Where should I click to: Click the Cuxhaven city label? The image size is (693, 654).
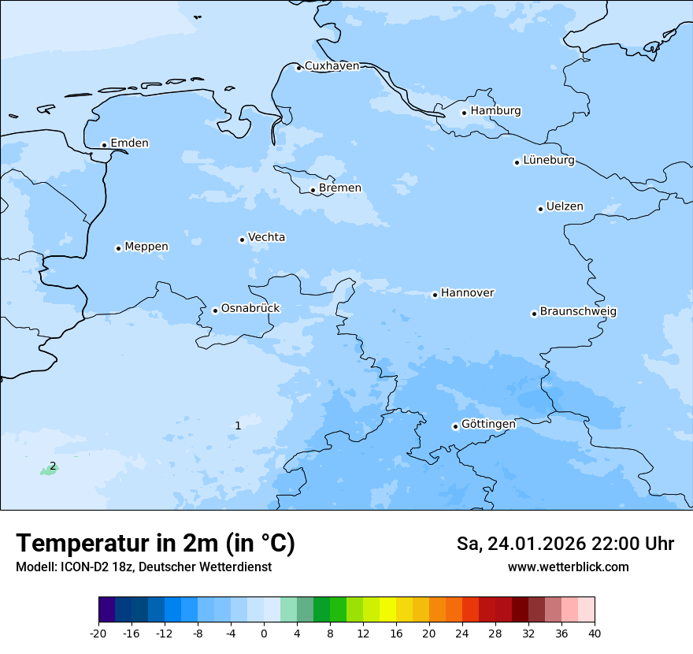tap(332, 66)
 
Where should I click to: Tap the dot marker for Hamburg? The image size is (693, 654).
tap(464, 113)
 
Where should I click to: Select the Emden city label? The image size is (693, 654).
tap(129, 143)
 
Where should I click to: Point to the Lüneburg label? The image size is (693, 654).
tap(549, 161)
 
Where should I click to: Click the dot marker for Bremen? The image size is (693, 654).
tap(313, 190)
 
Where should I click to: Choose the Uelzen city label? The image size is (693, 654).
tap(565, 207)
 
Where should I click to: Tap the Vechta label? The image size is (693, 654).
tap(266, 238)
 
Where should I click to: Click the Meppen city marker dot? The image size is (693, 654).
tap(118, 248)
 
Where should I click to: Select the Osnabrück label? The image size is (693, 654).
tap(250, 309)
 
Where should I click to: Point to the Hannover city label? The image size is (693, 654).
tap(467, 293)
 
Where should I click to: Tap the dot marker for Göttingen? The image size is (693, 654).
tap(455, 426)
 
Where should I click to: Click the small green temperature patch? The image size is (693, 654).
tap(48, 471)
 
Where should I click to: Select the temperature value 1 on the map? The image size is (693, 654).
tap(238, 425)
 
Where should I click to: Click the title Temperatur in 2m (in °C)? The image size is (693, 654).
tap(155, 544)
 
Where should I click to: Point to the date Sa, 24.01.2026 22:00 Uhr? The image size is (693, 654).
tap(565, 544)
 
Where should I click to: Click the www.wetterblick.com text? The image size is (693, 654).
tap(568, 567)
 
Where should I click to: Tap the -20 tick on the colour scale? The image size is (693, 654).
tap(98, 634)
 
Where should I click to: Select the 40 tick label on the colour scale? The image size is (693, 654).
tap(595, 634)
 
